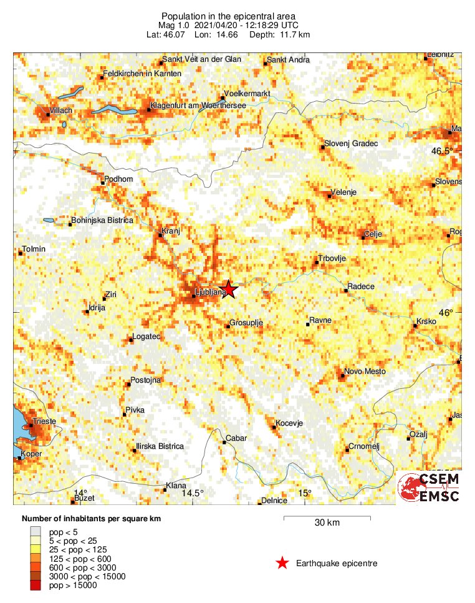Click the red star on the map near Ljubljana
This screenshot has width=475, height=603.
click(x=229, y=288)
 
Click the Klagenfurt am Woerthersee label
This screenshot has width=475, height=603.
click(x=198, y=105)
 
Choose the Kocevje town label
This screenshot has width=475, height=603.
click(x=289, y=423)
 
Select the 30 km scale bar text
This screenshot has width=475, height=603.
click(x=327, y=522)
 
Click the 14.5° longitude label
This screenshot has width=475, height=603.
click(x=193, y=494)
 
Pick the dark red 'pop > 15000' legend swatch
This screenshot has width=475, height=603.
click(x=36, y=585)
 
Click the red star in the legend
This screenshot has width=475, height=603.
click(x=282, y=563)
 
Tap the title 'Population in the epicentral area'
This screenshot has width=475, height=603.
click(x=228, y=16)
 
